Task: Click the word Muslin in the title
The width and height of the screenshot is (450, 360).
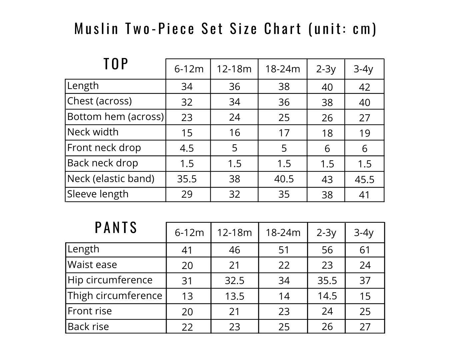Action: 97,29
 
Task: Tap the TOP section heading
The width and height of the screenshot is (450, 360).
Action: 116,64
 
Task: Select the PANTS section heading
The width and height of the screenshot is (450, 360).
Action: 116,228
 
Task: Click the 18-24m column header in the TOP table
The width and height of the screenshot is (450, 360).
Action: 283,69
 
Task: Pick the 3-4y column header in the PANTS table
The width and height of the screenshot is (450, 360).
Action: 364,232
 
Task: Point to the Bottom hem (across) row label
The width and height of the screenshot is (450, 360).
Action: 115,117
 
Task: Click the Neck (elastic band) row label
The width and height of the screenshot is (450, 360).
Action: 111,179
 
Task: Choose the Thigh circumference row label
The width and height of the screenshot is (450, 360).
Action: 115,296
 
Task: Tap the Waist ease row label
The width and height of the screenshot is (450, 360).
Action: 92,265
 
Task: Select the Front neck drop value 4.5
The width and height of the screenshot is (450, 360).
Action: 187,148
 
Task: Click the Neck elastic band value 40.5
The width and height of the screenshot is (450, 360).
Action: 284,179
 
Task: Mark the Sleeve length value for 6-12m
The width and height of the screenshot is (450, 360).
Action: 187,194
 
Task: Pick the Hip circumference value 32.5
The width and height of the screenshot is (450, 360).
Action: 234,281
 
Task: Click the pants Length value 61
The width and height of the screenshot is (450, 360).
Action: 365,250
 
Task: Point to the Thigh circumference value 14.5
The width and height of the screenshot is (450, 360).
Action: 327,296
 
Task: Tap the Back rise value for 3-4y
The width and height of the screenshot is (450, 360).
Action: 365,327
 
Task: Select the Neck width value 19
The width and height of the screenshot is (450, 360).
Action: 365,133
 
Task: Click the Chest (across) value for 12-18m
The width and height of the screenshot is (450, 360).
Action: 234,102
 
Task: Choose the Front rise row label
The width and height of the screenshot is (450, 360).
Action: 90,311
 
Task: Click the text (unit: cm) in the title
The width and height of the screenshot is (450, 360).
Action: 343,29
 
